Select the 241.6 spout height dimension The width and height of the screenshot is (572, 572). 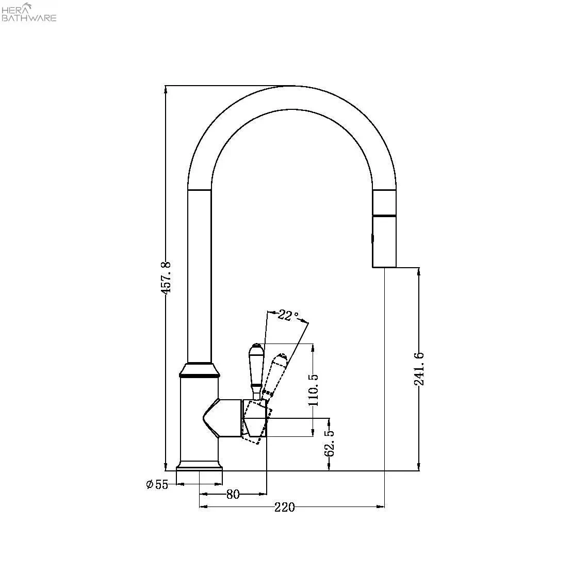click(419, 369)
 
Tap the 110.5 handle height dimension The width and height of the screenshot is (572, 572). click(314, 390)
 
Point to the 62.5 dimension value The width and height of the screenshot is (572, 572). click(329, 443)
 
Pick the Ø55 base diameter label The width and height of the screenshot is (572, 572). click(157, 484)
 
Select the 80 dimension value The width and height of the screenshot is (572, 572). click(233, 494)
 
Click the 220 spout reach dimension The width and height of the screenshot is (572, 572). click(285, 507)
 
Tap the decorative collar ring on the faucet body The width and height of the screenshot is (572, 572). click(199, 369)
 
